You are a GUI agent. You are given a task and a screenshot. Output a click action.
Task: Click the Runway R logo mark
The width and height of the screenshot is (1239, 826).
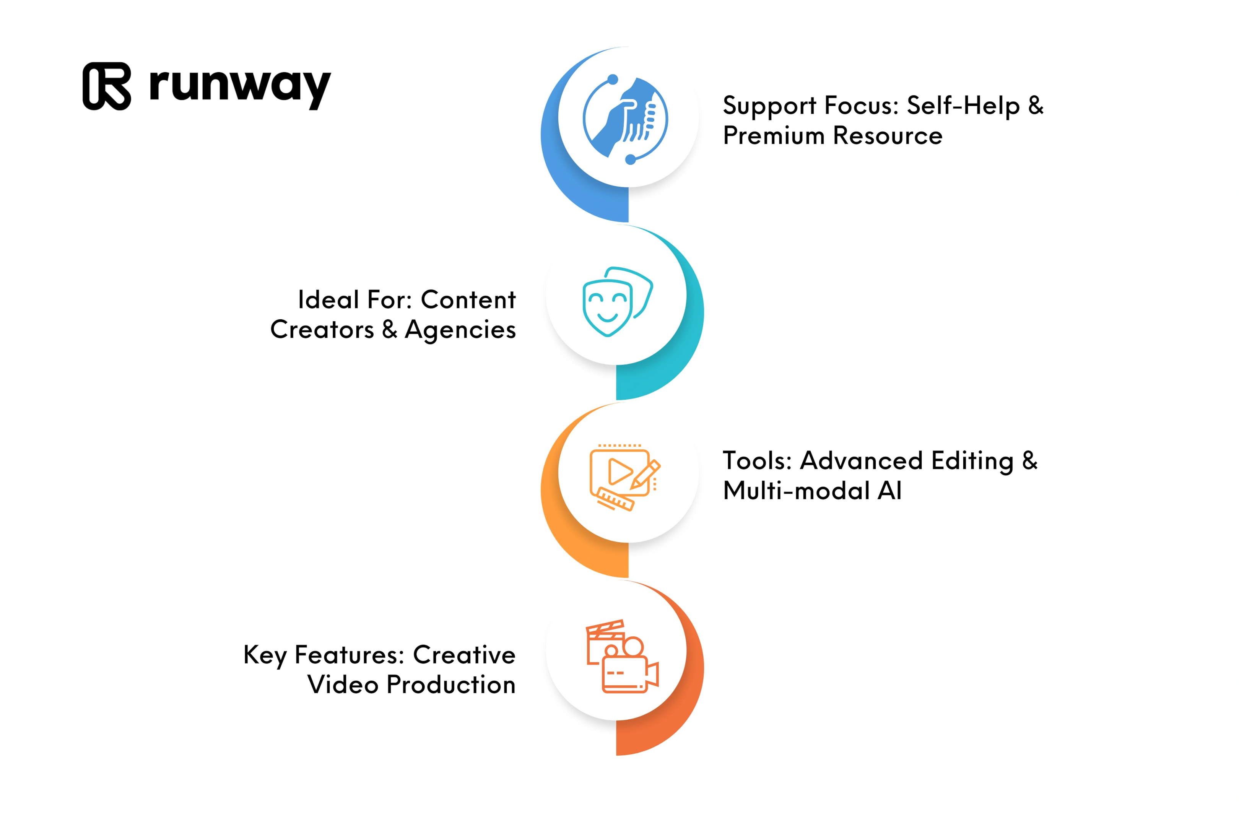107,86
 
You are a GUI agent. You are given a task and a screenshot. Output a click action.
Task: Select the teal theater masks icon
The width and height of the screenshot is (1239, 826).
617,302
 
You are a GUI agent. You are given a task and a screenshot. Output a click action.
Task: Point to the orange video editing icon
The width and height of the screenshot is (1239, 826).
625,477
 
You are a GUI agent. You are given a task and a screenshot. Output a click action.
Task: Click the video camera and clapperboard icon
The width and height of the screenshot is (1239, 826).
622,656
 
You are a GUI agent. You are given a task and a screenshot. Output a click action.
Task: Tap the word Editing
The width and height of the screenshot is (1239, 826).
972,462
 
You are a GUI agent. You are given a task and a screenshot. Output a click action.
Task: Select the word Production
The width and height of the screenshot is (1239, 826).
451,685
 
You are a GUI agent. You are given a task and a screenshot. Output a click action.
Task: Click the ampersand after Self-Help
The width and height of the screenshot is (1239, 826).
1036,106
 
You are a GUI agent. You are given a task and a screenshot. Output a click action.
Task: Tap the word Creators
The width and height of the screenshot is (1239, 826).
322,330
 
